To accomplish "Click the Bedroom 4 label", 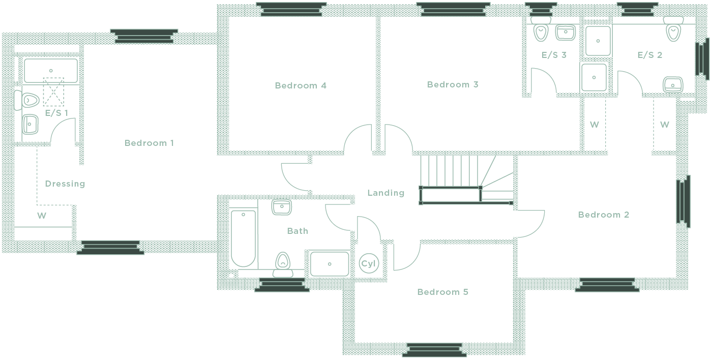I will coord(300,85).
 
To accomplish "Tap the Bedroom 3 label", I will coord(453,84).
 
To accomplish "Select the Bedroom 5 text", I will coord(442,292).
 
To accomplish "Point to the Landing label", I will coord(385,193).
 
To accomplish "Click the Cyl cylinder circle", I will coord(368,263).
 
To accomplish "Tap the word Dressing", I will coord(65,184).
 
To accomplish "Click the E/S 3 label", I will coord(554,55).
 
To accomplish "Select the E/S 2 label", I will coord(649,55).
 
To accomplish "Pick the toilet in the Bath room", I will coord(282,263).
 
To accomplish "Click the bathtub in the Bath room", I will coord(243,238).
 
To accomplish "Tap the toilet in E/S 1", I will coord(28,100).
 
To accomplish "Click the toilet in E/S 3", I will coord(540,32).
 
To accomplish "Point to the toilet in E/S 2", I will coord(673,32).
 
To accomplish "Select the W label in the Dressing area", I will coord(42,216).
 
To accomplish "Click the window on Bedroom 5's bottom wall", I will coord(435,350).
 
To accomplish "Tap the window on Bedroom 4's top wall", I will coord(291,9).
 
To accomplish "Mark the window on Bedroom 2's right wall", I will coord(683,201).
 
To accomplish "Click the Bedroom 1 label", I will coord(149,143).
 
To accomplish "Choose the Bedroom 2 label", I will coord(603,215).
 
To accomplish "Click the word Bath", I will coord(298,231).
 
